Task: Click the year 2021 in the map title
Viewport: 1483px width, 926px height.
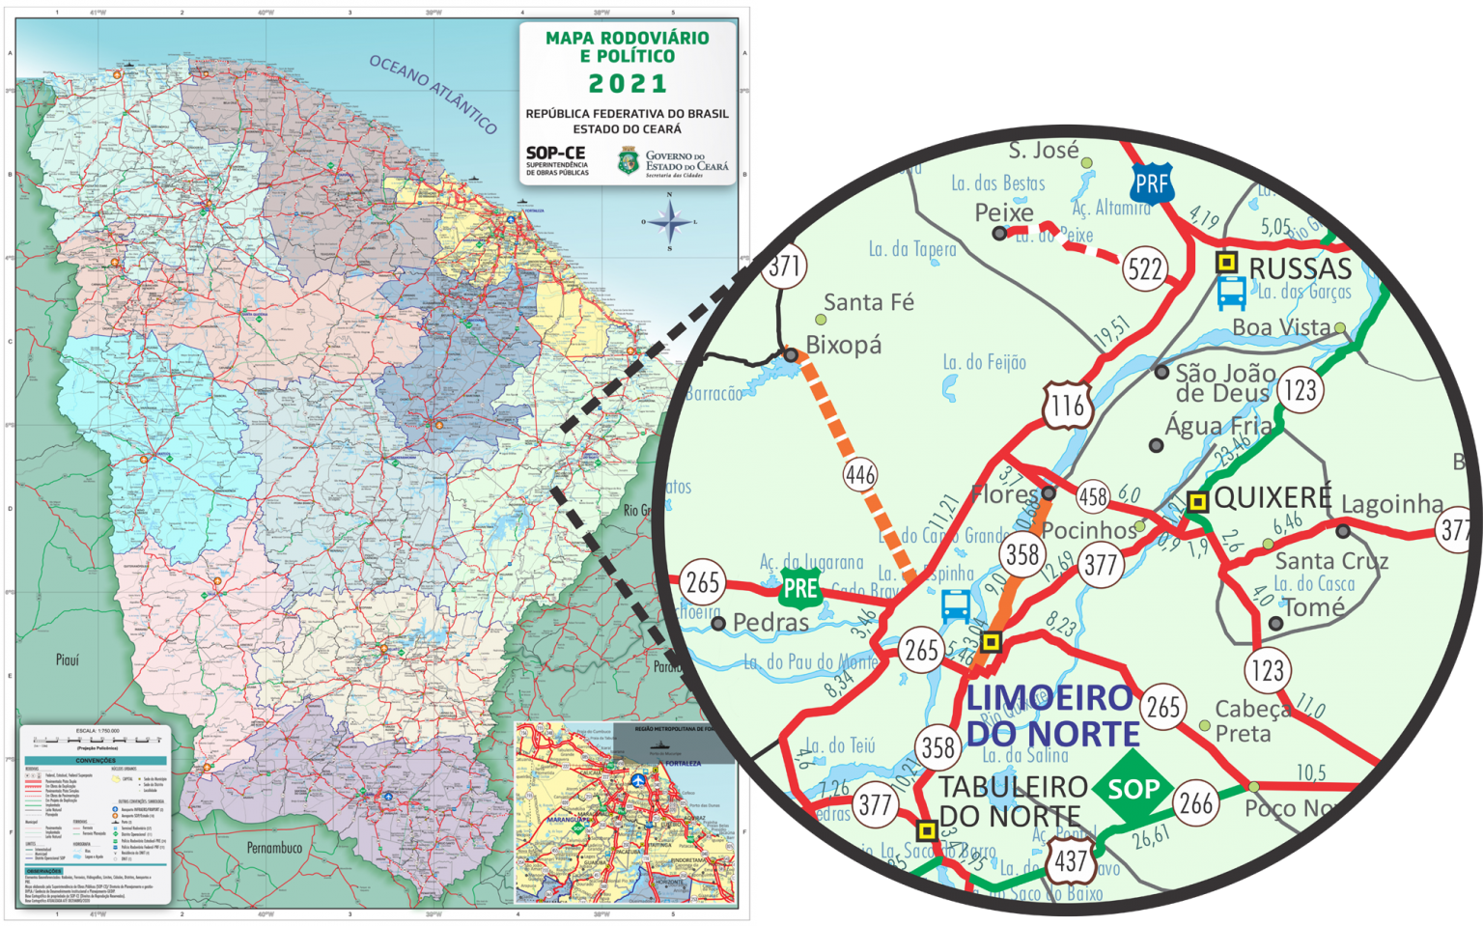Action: click(628, 84)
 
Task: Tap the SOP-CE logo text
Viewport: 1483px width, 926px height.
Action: click(555, 154)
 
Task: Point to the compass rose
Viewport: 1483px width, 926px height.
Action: click(669, 222)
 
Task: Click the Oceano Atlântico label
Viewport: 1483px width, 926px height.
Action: click(434, 94)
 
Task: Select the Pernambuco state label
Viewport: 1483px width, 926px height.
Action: click(274, 848)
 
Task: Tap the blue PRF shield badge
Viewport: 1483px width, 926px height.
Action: click(1152, 183)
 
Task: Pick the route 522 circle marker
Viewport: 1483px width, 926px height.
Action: click(1146, 268)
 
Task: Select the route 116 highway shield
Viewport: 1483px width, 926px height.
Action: click(1068, 405)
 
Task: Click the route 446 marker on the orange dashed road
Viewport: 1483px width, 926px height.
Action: click(860, 474)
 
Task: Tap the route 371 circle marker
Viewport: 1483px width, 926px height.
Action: click(784, 266)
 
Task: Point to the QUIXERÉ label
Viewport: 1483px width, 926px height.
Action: click(1273, 498)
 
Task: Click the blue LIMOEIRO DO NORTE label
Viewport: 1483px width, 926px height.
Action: click(1050, 716)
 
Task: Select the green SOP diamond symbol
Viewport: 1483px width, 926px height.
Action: click(1133, 789)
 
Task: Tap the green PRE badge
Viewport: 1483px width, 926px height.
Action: click(800, 588)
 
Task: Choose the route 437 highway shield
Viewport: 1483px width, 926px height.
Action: click(1072, 859)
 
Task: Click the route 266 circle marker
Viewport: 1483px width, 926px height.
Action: click(1196, 802)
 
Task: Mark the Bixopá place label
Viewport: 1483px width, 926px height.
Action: click(843, 345)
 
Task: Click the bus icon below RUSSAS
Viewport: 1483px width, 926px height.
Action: click(1231, 292)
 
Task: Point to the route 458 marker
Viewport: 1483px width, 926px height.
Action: click(1093, 496)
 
